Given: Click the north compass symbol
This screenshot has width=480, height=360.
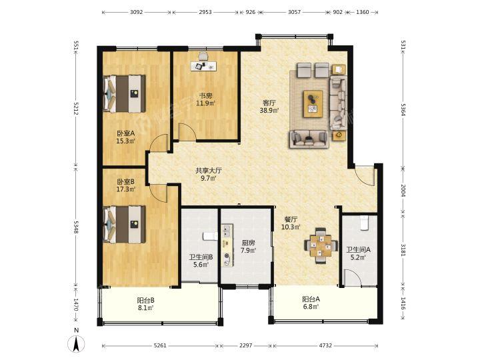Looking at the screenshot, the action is (x=76, y=343).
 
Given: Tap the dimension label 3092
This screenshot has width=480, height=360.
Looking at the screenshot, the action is (x=136, y=12).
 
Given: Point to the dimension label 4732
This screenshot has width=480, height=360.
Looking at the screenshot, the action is (x=325, y=345).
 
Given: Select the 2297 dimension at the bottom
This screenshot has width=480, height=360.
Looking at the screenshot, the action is (x=245, y=345).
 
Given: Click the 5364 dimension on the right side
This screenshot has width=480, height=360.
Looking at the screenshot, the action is (x=403, y=109).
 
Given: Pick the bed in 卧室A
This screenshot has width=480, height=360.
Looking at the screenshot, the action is (x=124, y=94).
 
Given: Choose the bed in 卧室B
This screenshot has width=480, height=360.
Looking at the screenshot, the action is (x=124, y=225).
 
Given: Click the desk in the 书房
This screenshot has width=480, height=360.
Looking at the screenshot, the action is (x=203, y=66).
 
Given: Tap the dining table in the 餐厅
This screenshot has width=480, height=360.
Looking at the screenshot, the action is (x=321, y=245).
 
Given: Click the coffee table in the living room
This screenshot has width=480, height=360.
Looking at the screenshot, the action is (x=313, y=104).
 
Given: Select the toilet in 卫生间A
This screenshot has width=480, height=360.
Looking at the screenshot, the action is (x=364, y=223).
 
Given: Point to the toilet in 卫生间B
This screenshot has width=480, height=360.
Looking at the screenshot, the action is (x=210, y=236).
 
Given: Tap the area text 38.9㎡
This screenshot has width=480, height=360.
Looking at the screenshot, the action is (x=269, y=111).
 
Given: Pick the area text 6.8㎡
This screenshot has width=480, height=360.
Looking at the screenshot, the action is (x=311, y=307).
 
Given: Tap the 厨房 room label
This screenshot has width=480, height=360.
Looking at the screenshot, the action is (x=248, y=243).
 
